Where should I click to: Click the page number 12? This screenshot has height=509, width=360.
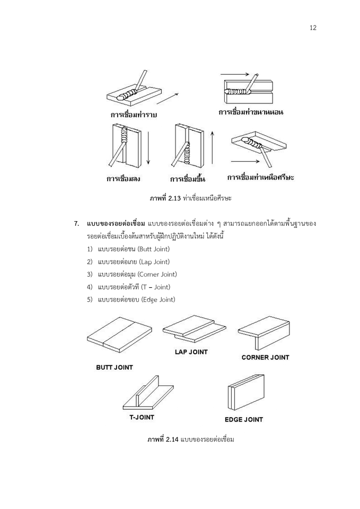[313, 28]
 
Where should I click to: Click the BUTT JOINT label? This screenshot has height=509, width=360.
[115, 367]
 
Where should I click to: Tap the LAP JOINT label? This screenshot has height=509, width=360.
[191, 352]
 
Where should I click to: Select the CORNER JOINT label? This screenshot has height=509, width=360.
[265, 357]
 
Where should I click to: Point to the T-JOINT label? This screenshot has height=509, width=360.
[142, 417]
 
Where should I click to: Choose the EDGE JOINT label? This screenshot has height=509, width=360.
[244, 419]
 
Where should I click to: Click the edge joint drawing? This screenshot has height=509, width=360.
[245, 392]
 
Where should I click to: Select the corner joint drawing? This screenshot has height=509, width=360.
[264, 333]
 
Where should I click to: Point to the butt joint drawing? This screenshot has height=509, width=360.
[119, 335]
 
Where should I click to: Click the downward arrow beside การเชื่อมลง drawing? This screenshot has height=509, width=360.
[148, 148]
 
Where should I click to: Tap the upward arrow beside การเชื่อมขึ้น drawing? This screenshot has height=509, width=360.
[212, 147]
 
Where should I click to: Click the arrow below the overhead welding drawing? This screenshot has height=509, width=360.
[245, 161]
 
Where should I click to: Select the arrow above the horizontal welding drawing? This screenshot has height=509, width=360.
[235, 74]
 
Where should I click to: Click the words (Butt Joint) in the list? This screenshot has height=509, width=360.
[154, 249]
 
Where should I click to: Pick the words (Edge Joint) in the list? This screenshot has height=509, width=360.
[158, 300]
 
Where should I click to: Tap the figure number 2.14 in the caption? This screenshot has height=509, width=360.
[172, 440]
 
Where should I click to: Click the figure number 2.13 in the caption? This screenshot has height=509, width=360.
[174, 198]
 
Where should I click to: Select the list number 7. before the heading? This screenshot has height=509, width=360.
[76, 224]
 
